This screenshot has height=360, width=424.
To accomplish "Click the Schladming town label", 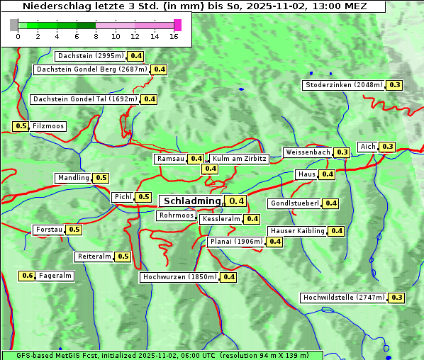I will [192, 201].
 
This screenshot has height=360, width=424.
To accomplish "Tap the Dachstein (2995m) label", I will [90, 56].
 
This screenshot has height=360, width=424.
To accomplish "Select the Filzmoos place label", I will [48, 126].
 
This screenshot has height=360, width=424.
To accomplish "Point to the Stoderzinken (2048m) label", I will [343, 85].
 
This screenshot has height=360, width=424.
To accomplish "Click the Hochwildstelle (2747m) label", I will [343, 298].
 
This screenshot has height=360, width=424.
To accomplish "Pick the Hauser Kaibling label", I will [297, 231].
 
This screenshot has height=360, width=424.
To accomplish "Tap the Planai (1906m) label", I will [236, 242].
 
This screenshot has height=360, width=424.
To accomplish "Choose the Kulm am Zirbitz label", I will [239, 159].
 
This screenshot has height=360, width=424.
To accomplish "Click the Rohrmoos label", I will [177, 215].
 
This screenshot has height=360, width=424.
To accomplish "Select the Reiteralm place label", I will [94, 257].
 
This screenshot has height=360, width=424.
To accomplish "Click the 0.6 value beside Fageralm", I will [28, 276].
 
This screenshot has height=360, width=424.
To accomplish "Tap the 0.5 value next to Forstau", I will [74, 230].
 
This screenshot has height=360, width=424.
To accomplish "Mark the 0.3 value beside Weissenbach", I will [342, 152].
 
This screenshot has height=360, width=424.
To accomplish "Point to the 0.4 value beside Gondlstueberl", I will [330, 203].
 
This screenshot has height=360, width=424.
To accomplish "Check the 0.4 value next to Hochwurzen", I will [228, 277].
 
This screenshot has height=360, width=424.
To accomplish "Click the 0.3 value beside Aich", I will [387, 147].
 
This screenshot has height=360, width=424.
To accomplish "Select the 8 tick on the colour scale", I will [96, 36].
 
